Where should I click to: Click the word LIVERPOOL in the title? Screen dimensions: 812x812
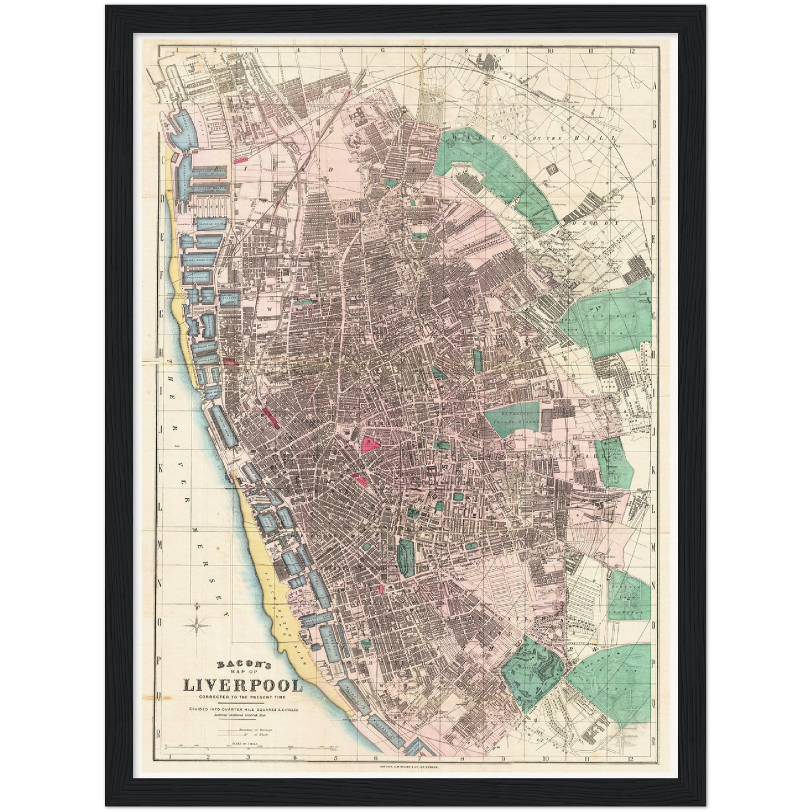coord(243,686)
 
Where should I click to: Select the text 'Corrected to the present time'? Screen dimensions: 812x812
coord(243,698)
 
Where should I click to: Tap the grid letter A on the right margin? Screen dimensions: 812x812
coord(654,85)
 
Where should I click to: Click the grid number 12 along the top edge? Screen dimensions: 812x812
coord(633,50)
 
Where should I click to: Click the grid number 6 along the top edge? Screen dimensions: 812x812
coord(383,50)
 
